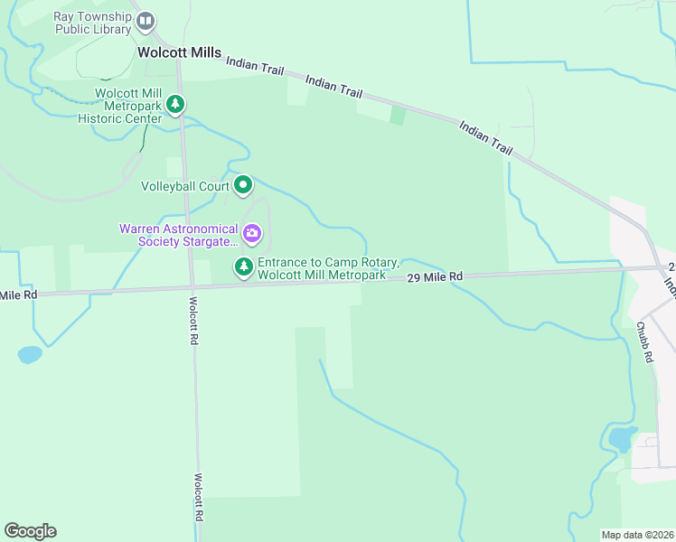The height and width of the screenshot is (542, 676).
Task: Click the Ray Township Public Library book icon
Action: point(145,22)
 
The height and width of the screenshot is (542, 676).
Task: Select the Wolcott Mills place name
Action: point(179,52)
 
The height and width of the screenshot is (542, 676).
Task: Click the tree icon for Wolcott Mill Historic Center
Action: point(176,105)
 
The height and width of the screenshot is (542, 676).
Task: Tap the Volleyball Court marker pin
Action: point(243,186)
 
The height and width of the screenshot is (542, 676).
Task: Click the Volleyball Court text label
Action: point(184,187)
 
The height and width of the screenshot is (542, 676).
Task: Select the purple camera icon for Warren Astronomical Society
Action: point(252,235)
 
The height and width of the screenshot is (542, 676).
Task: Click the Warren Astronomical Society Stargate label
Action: point(179,235)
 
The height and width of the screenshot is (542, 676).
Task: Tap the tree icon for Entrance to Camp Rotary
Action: point(243,267)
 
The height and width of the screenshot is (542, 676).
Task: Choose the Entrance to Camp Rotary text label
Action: point(328,268)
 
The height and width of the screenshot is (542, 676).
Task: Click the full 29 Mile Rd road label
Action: point(434,276)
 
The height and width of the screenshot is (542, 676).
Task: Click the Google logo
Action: point(30,531)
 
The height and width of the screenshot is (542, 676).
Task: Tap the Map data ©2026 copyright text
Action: point(637,535)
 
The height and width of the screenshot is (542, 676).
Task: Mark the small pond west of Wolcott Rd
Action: point(29,354)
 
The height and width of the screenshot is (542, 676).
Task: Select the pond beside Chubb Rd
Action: point(622,440)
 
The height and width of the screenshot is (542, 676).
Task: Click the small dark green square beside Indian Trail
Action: point(397,116)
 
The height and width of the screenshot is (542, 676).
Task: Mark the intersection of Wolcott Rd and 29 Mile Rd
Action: point(192,286)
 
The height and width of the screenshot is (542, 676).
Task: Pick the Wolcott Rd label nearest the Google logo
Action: point(197,498)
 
